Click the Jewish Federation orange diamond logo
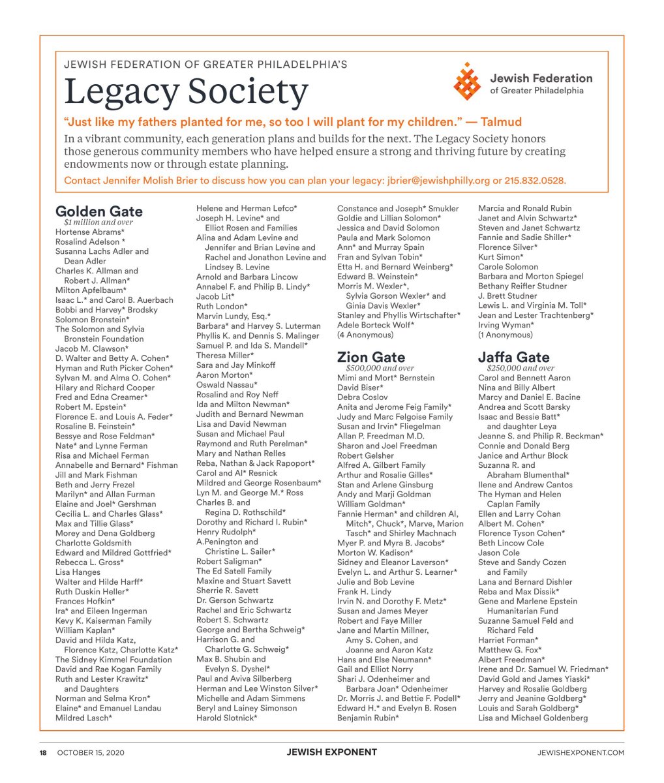[467, 82]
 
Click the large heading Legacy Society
[186, 91]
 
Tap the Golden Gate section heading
[99, 211]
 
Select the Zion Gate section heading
[371, 357]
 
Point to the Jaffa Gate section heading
[514, 357]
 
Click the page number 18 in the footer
[43, 752]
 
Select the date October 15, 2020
[91, 752]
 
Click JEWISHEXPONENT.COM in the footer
[581, 752]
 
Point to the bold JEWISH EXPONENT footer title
[331, 752]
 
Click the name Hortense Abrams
[90, 232]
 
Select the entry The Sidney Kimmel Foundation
[113, 660]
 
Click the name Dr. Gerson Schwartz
[235, 600]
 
